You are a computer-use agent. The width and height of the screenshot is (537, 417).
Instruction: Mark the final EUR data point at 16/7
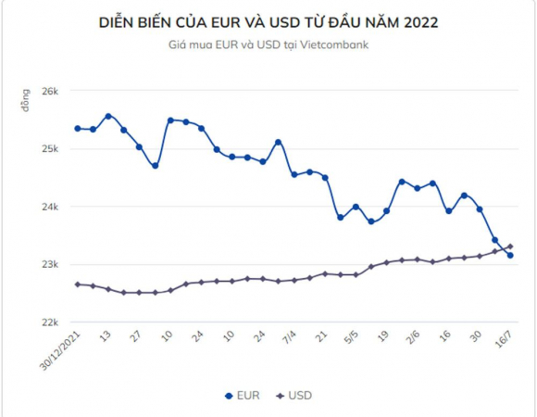pyautogui.click(x=510, y=255)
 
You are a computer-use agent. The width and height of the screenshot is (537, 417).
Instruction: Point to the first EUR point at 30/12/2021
pyautogui.click(x=78, y=129)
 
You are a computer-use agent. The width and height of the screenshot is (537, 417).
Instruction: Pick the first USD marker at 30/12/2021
pyautogui.click(x=78, y=284)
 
